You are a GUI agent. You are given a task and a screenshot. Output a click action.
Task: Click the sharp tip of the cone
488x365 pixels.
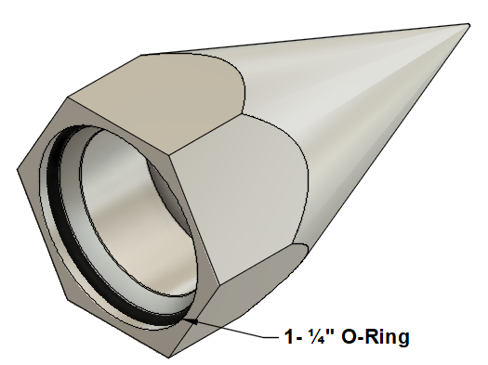coord(468,24)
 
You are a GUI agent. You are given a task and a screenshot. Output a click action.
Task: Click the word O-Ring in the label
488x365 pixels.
coord(376,336)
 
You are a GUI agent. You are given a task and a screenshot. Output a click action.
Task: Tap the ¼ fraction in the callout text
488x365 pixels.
coord(316,336)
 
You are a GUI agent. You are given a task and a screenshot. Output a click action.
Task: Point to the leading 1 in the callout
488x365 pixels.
coord(289,336)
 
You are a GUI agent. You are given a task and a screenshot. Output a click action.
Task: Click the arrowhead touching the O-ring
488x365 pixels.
coord(191,320)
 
